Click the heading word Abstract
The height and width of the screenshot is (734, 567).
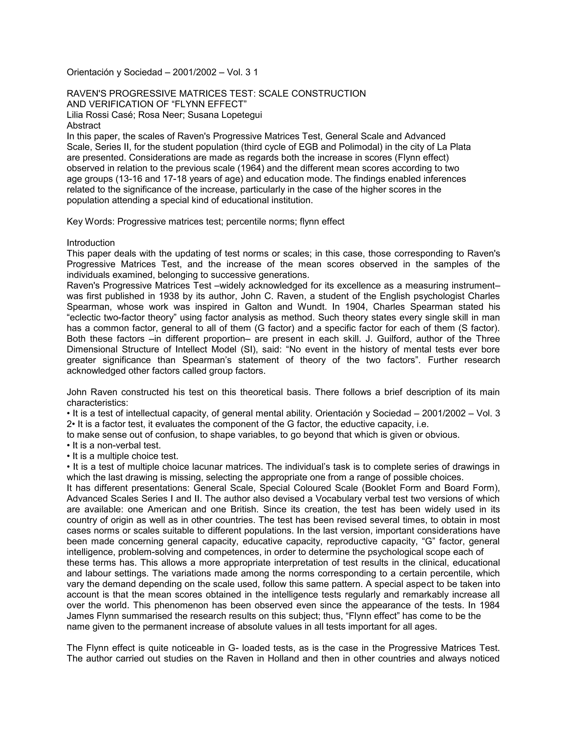(x=83, y=126)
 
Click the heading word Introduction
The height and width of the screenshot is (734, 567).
(x=91, y=243)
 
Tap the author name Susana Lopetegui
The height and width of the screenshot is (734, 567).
(x=225, y=115)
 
